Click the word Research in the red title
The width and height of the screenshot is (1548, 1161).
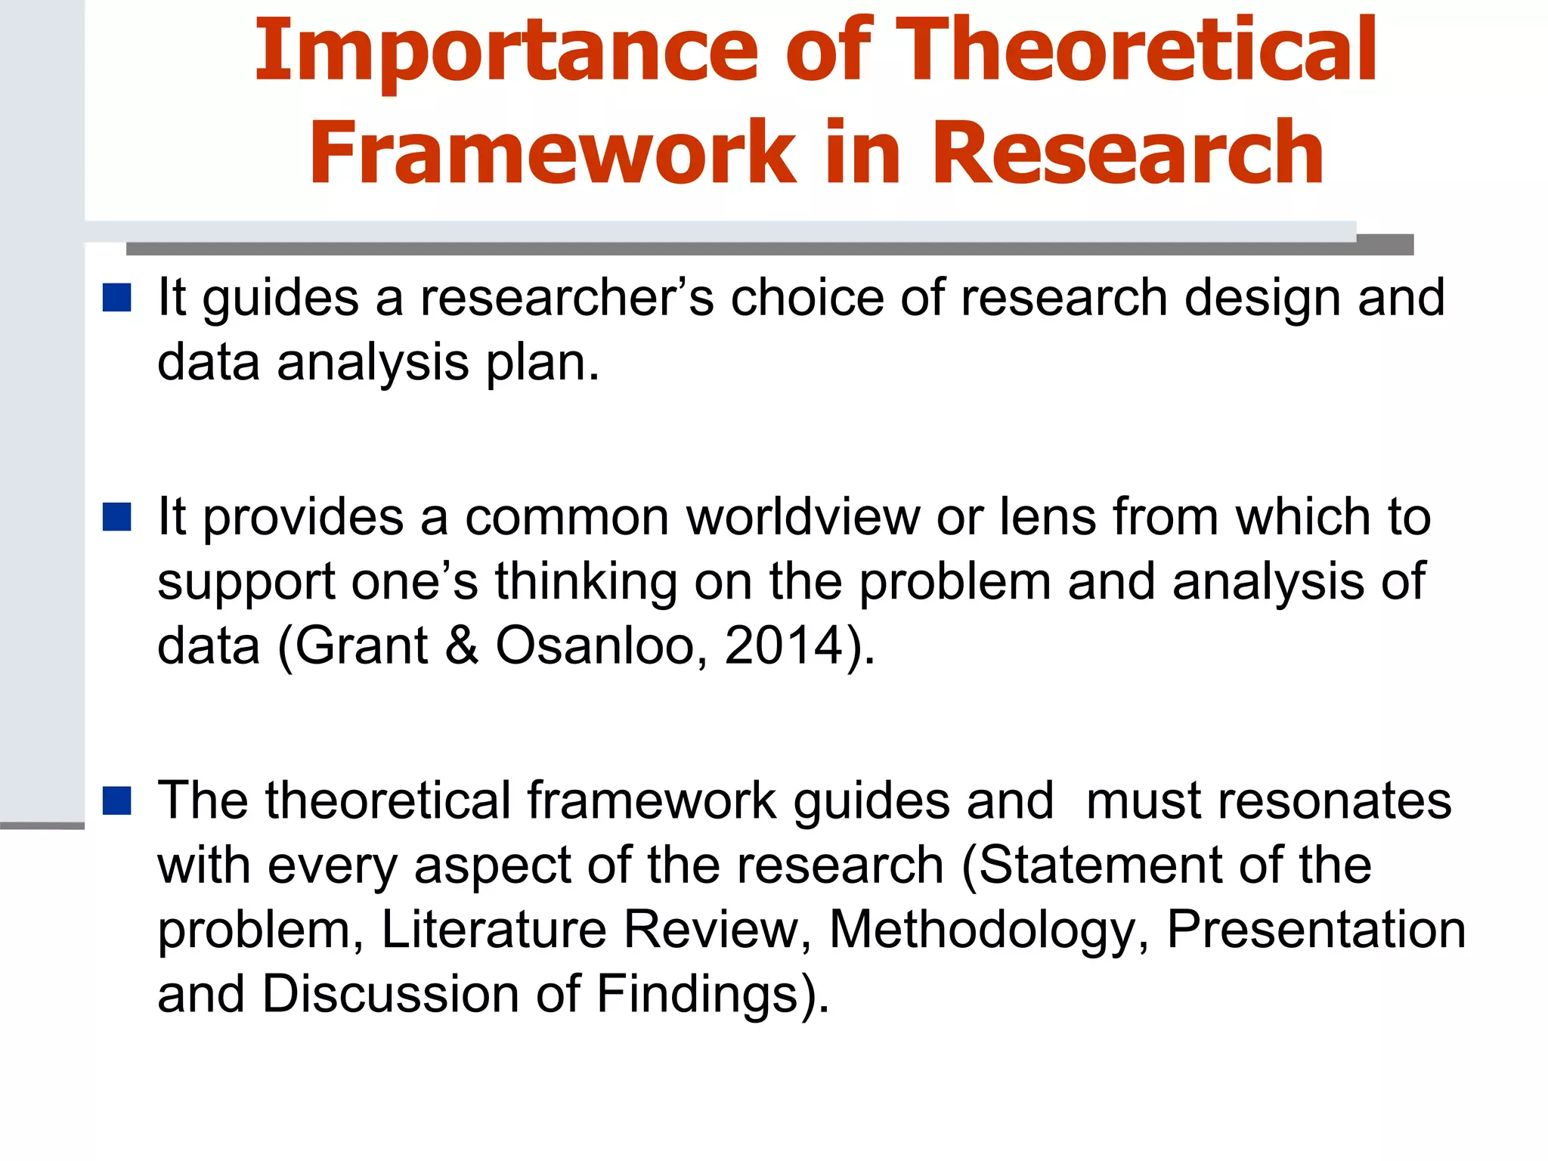[1127, 153]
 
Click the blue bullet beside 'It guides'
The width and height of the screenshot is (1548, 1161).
[117, 298]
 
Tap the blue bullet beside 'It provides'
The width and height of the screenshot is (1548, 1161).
[117, 518]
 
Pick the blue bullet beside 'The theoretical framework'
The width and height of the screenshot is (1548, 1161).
[117, 800]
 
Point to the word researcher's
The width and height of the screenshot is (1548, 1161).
[567, 298]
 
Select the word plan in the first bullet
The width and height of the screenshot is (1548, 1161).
[542, 363]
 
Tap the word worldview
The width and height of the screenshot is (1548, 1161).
[803, 518]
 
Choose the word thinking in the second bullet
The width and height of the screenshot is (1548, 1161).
[586, 582]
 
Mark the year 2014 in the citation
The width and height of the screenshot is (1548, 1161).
[784, 646]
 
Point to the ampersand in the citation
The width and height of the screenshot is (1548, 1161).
[462, 646]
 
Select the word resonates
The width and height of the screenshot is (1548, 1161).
[1268, 800]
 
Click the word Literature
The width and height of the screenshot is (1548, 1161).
[494, 930]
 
